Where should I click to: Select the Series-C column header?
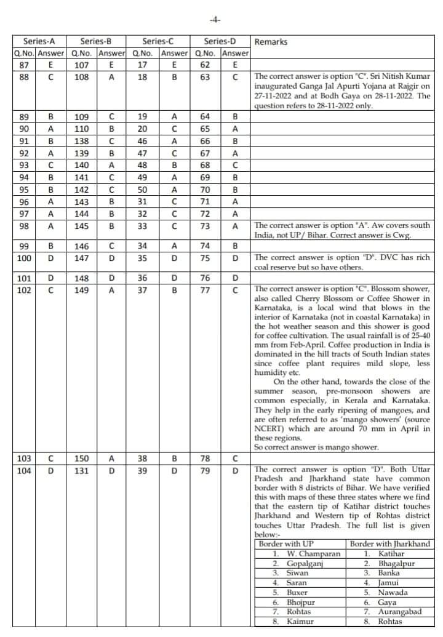pos(158,42)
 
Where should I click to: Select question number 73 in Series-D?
pos(205,226)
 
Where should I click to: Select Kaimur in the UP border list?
pos(300,622)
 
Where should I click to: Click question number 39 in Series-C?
pos(143,471)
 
